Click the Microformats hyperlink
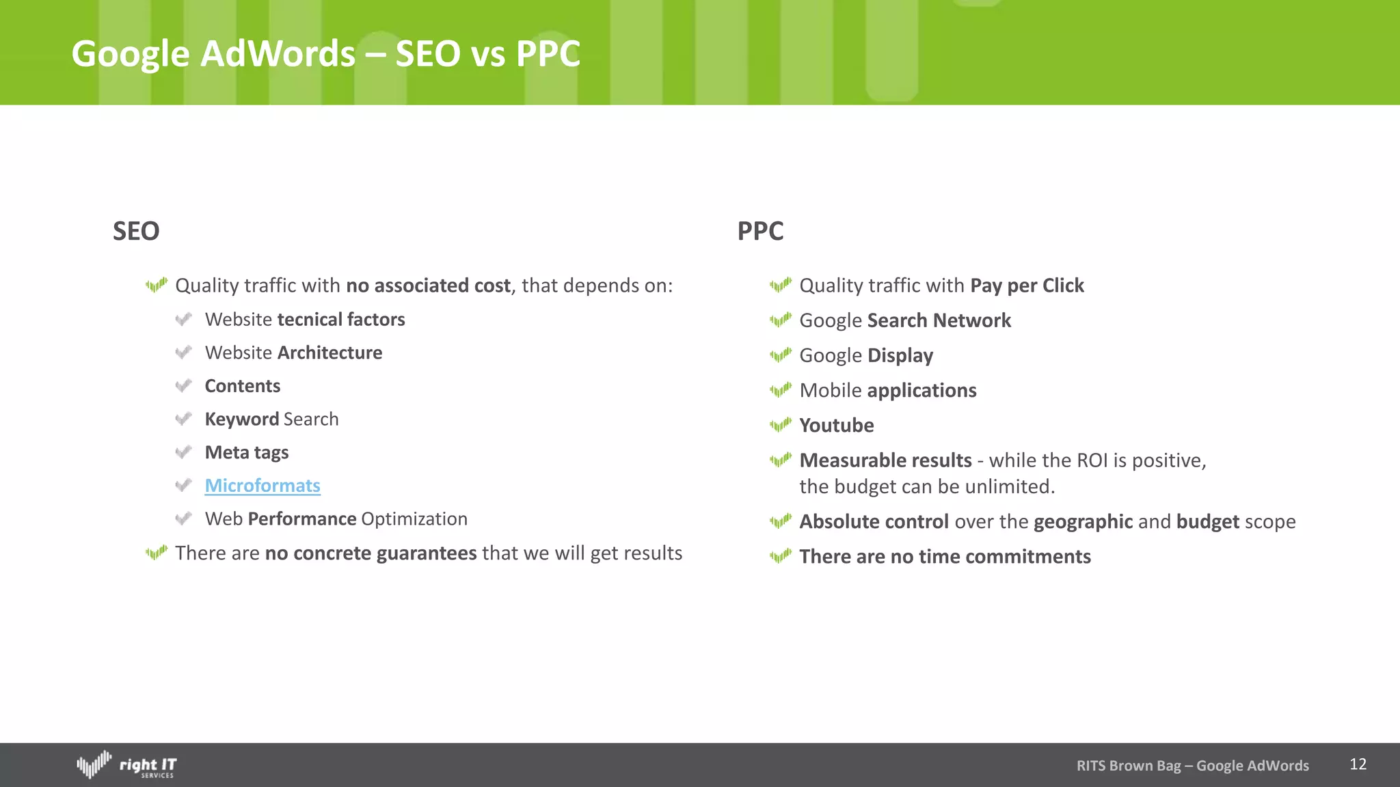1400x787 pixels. [262, 486]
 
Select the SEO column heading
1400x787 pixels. [136, 232]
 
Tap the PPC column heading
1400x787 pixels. [760, 232]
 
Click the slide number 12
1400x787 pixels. [1358, 764]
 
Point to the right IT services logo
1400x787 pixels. [126, 765]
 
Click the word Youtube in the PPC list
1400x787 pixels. [836, 426]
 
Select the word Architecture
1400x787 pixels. [329, 353]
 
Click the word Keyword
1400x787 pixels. [242, 419]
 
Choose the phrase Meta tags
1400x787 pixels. [247, 453]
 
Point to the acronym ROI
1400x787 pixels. [1092, 461]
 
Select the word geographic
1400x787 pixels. [1083, 522]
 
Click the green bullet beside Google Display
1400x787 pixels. [780, 355]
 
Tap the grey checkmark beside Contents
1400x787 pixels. [183, 386]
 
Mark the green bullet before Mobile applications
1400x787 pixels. [780, 390]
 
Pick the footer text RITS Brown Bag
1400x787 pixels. [1128, 766]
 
